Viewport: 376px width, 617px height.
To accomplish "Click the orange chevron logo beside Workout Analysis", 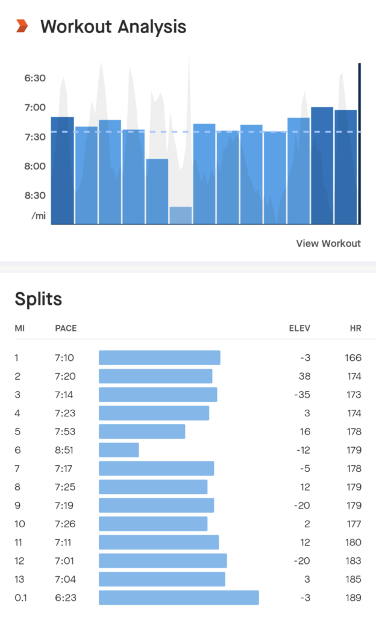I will pos(22,26).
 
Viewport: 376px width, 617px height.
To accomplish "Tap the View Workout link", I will pos(328,243).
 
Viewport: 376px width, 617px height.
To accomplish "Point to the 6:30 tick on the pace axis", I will pos(35,78).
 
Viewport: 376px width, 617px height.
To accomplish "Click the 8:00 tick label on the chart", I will pos(35,166).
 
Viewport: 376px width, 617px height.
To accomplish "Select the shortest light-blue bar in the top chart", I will pos(181,215).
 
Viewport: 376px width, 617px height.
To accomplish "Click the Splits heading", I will pos(38,298).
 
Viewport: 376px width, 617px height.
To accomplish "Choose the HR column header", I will pos(356,328).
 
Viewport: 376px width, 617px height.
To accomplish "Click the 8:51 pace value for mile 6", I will pos(64,450).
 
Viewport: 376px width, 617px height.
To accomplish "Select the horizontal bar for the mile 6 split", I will pos(119,450).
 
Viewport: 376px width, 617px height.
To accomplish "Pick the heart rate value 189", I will pos(354,598).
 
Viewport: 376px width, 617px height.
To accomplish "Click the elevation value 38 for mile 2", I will pos(304,376).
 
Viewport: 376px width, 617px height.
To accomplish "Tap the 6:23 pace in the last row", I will pos(64,598).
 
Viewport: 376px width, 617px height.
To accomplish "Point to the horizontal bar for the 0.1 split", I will pos(178,598).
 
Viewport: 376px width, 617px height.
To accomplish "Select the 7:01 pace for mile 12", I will pos(64,561).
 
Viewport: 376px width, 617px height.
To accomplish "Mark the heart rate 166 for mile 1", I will pos(354,358).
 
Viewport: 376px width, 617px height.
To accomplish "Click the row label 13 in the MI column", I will pos(19,579).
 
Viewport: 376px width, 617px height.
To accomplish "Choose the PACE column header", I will pos(66,328).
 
